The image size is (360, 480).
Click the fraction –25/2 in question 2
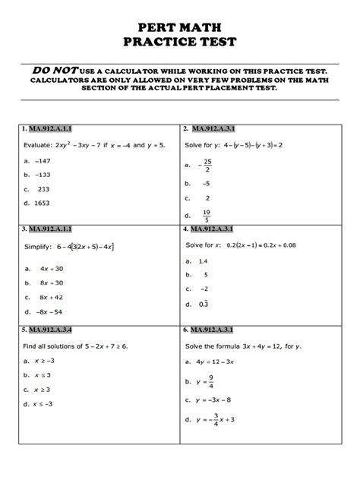[206, 165]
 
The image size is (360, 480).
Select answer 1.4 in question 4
[203, 261]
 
